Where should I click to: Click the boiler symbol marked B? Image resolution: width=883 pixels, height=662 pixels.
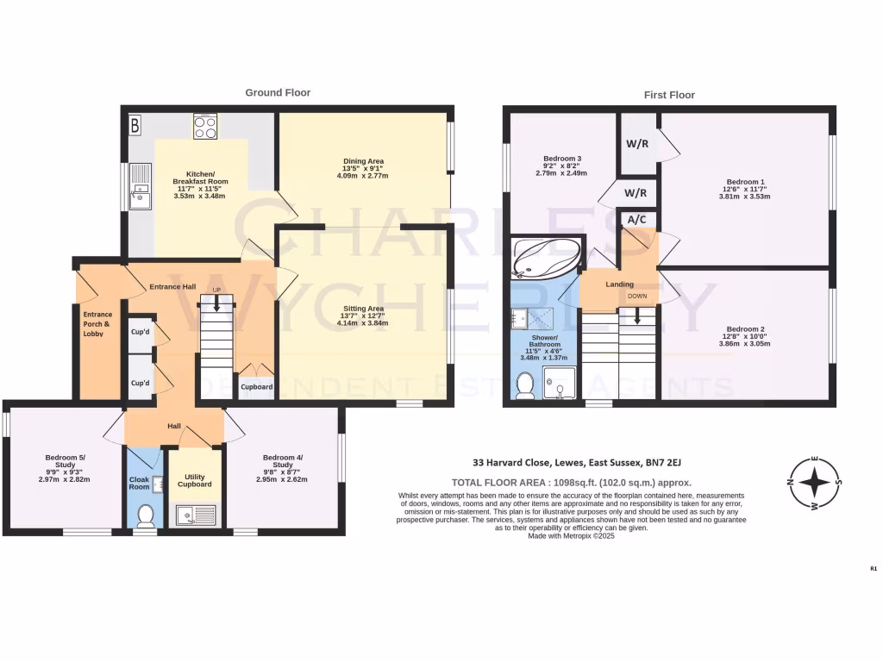click(x=134, y=126)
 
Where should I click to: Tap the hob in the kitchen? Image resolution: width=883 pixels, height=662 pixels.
click(x=205, y=128)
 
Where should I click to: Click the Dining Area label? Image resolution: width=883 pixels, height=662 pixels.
click(x=363, y=160)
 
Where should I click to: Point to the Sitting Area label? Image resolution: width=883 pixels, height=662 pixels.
click(x=363, y=308)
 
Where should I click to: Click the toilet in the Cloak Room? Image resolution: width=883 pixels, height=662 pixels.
click(x=146, y=515)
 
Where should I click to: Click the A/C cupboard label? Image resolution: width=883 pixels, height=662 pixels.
click(x=638, y=220)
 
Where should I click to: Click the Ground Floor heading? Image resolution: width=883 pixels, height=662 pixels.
click(x=278, y=92)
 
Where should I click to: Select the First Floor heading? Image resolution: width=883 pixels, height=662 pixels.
click(x=669, y=95)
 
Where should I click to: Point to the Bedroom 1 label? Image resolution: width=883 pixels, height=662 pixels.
click(x=745, y=182)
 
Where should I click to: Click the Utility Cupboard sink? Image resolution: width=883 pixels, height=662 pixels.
click(x=194, y=516)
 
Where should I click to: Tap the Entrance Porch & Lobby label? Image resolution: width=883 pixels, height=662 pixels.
click(x=97, y=323)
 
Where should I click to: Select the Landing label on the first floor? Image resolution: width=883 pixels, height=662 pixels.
click(x=619, y=284)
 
